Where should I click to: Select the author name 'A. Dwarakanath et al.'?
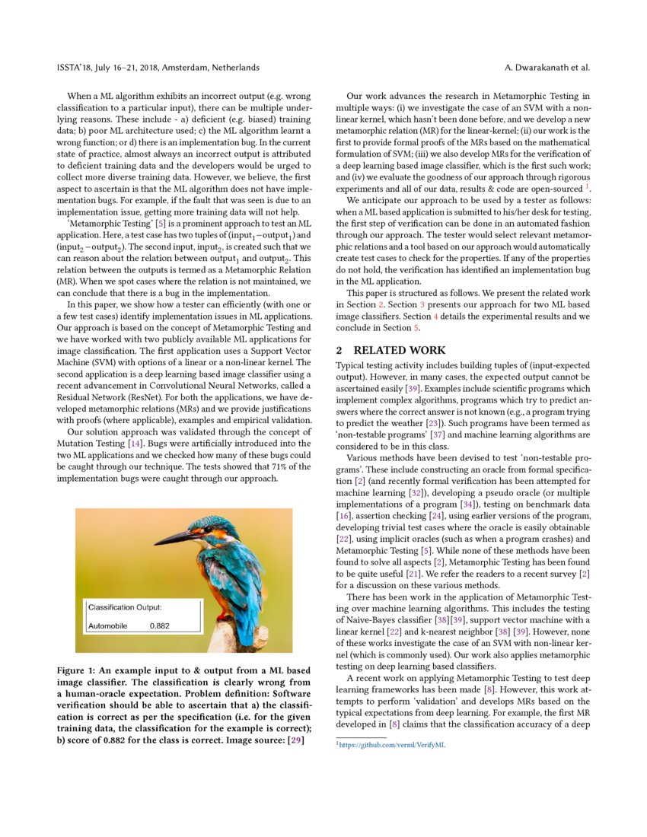[x=547, y=68]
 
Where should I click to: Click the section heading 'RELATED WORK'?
[x=400, y=350]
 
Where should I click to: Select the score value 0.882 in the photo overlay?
[x=160, y=625]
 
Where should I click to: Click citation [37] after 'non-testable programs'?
[x=437, y=434]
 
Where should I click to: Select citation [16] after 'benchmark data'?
[x=344, y=516]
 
